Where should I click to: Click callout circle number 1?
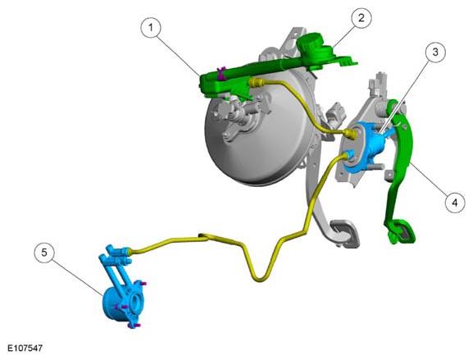point(151,27)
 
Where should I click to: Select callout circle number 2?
point(361,18)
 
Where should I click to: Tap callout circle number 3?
point(435,52)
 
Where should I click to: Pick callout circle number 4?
point(455,203)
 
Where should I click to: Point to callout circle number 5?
point(44,253)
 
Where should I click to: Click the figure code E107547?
point(25,349)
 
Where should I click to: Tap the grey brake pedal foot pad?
point(345,233)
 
